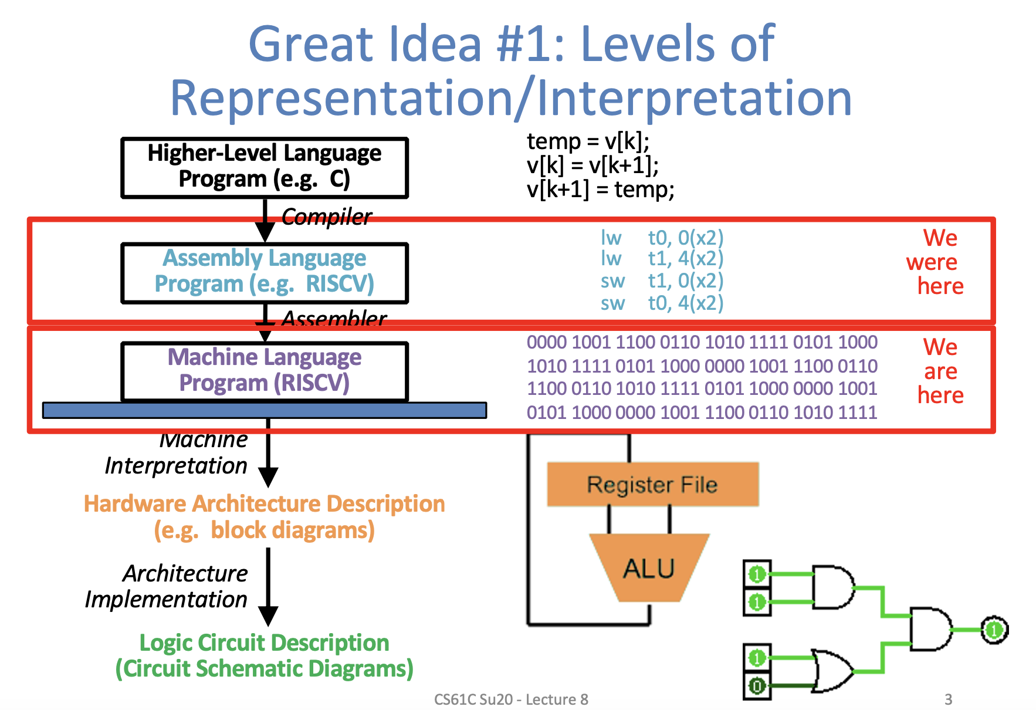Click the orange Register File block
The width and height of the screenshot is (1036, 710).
click(652, 485)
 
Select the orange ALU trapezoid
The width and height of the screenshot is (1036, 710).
click(649, 568)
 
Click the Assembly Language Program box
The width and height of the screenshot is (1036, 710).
click(264, 272)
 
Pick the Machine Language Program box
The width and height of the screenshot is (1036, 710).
click(264, 371)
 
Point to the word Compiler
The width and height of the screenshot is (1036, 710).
click(326, 217)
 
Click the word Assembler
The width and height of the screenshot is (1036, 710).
click(334, 318)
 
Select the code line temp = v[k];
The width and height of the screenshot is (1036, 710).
click(588, 141)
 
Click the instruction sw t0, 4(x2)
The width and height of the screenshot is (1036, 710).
click(662, 303)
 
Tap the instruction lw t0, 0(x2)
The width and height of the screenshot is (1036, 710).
click(662, 238)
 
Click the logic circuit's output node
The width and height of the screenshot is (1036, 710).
click(994, 630)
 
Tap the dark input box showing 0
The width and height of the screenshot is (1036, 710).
click(757, 686)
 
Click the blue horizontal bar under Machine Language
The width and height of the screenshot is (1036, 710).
click(264, 410)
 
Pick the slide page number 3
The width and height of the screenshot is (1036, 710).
click(948, 699)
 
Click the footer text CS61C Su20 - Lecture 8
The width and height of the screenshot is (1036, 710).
click(510, 699)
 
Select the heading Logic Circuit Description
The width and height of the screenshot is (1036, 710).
click(264, 643)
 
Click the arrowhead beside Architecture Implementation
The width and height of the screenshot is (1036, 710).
click(268, 616)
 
